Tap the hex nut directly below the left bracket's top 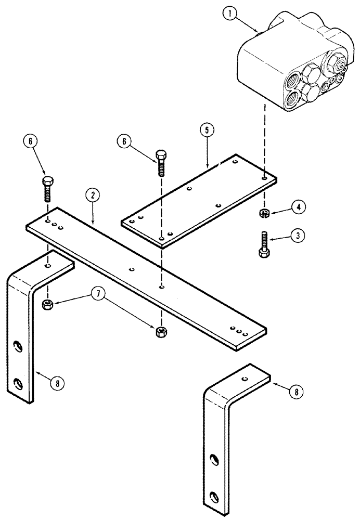point(47,303)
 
